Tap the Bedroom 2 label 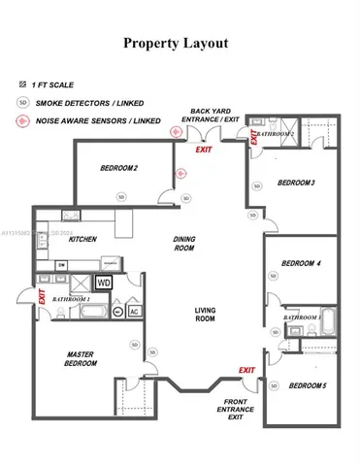[118, 168]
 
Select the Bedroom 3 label [296, 183]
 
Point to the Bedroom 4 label [301, 263]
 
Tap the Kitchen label [82, 238]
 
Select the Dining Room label [184, 244]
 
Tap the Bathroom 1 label [71, 300]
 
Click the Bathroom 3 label [302, 317]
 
